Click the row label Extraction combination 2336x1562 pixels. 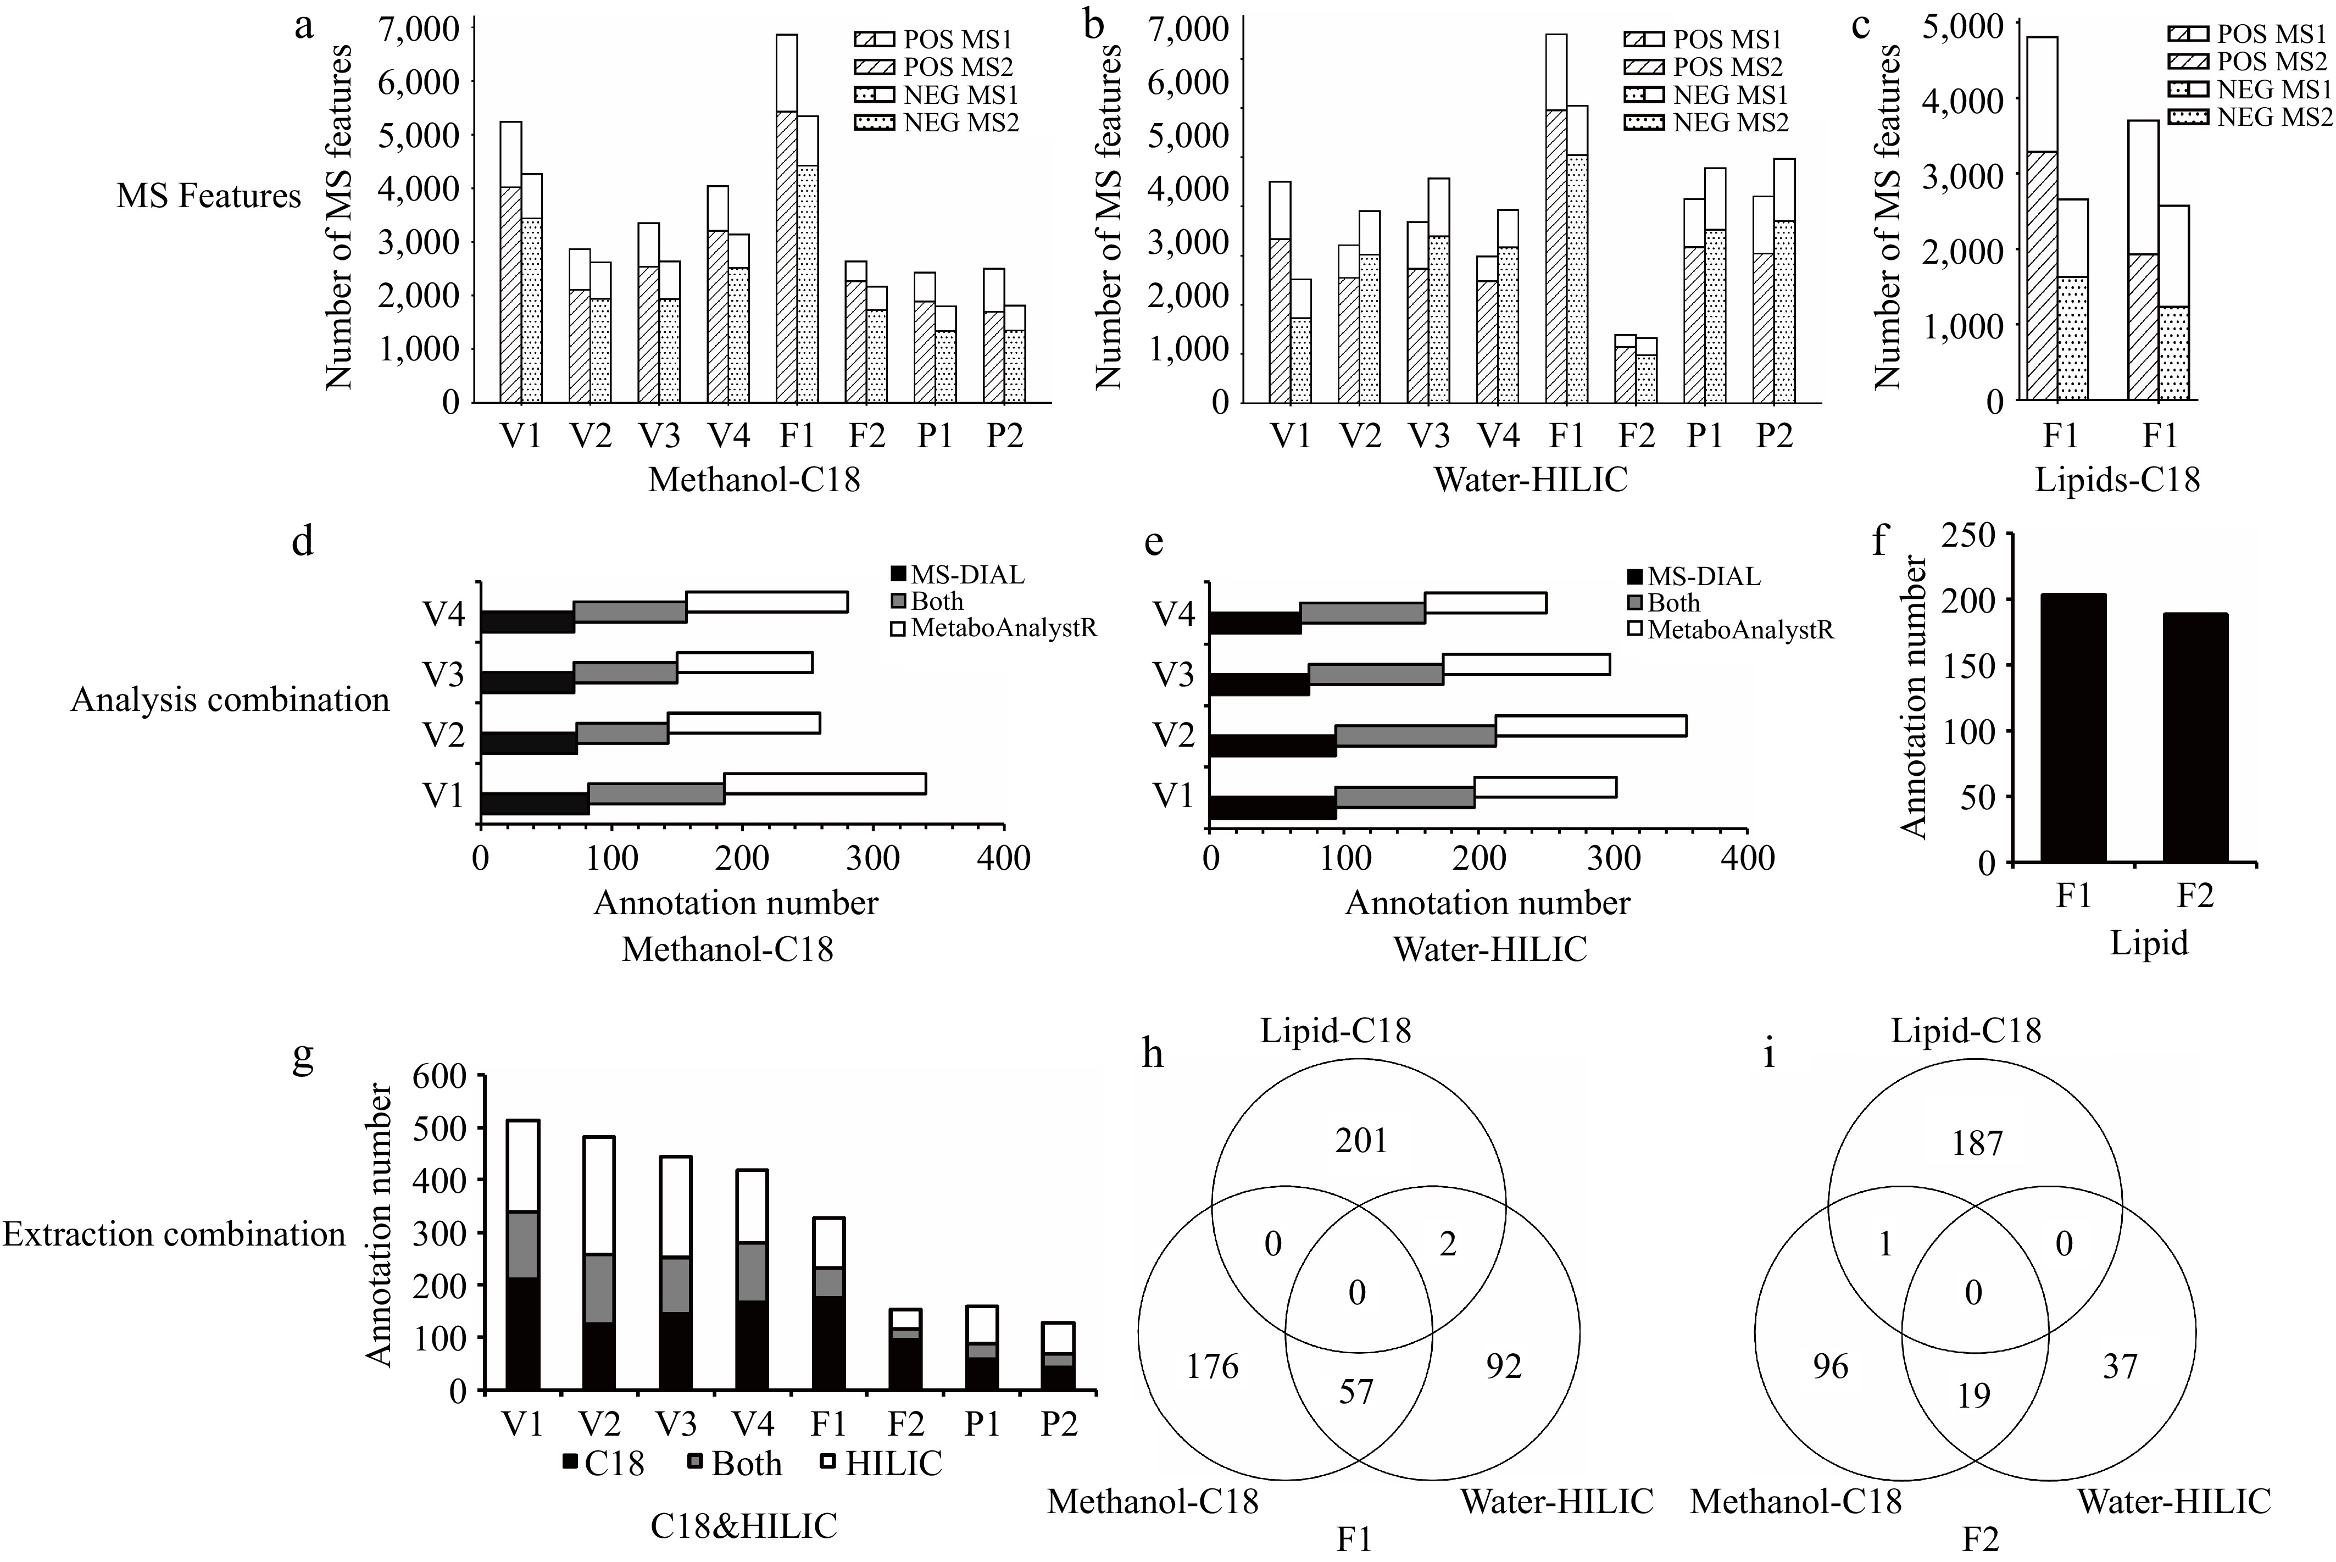174,1234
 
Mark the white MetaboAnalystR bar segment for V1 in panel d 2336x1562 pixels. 824,784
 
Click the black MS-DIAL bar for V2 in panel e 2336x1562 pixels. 1272,746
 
